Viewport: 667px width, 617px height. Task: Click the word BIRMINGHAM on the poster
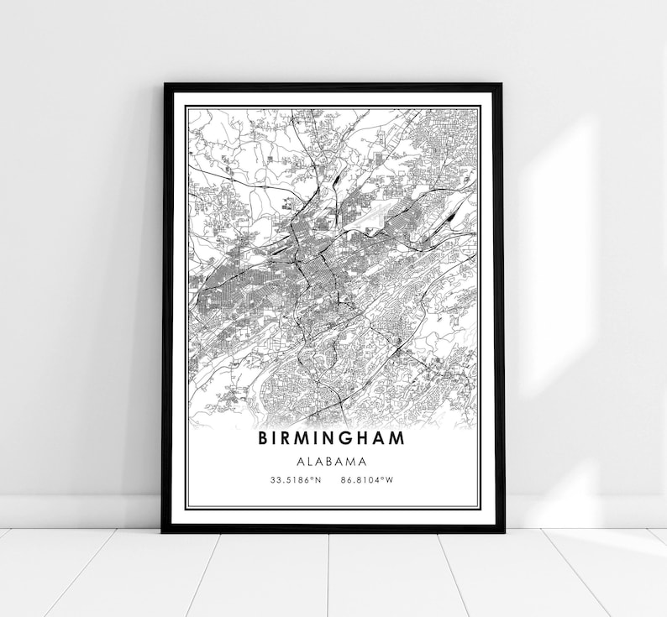331,438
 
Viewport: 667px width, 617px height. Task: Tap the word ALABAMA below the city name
332,461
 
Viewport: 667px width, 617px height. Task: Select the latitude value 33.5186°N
296,481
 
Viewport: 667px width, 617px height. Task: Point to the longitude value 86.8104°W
368,481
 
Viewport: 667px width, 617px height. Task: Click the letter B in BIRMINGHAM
265,438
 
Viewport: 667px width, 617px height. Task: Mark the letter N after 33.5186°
318,481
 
